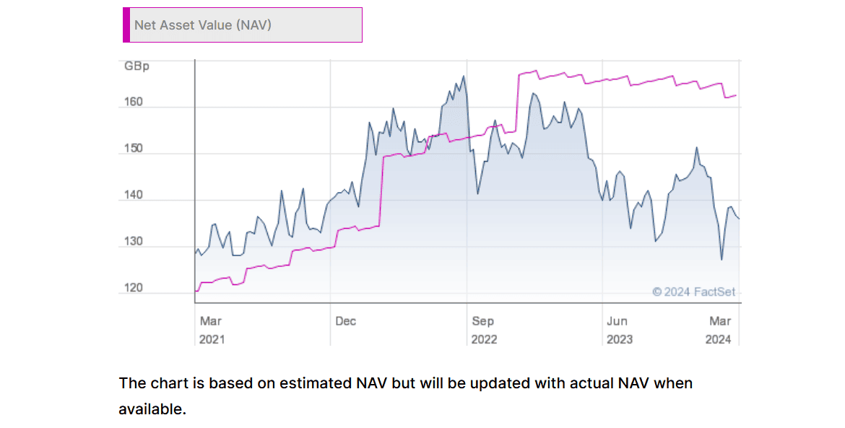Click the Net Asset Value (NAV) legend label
(x=202, y=25)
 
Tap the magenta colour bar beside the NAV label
(x=126, y=25)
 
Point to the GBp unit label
(x=136, y=66)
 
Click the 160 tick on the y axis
(x=134, y=102)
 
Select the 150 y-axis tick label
(x=134, y=149)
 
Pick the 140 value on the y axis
(x=134, y=196)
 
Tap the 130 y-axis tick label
(x=134, y=242)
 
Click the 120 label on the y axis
(x=134, y=288)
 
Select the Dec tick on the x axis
(x=345, y=321)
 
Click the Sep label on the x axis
(x=482, y=321)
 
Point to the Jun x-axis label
(x=617, y=321)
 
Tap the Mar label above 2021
(x=211, y=321)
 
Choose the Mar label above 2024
(x=720, y=321)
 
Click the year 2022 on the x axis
(x=484, y=339)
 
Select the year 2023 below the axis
(x=619, y=339)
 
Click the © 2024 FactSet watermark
(x=693, y=292)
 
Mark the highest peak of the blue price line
(x=463, y=76)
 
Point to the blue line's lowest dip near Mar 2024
(x=721, y=260)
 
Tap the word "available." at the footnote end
(x=152, y=409)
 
